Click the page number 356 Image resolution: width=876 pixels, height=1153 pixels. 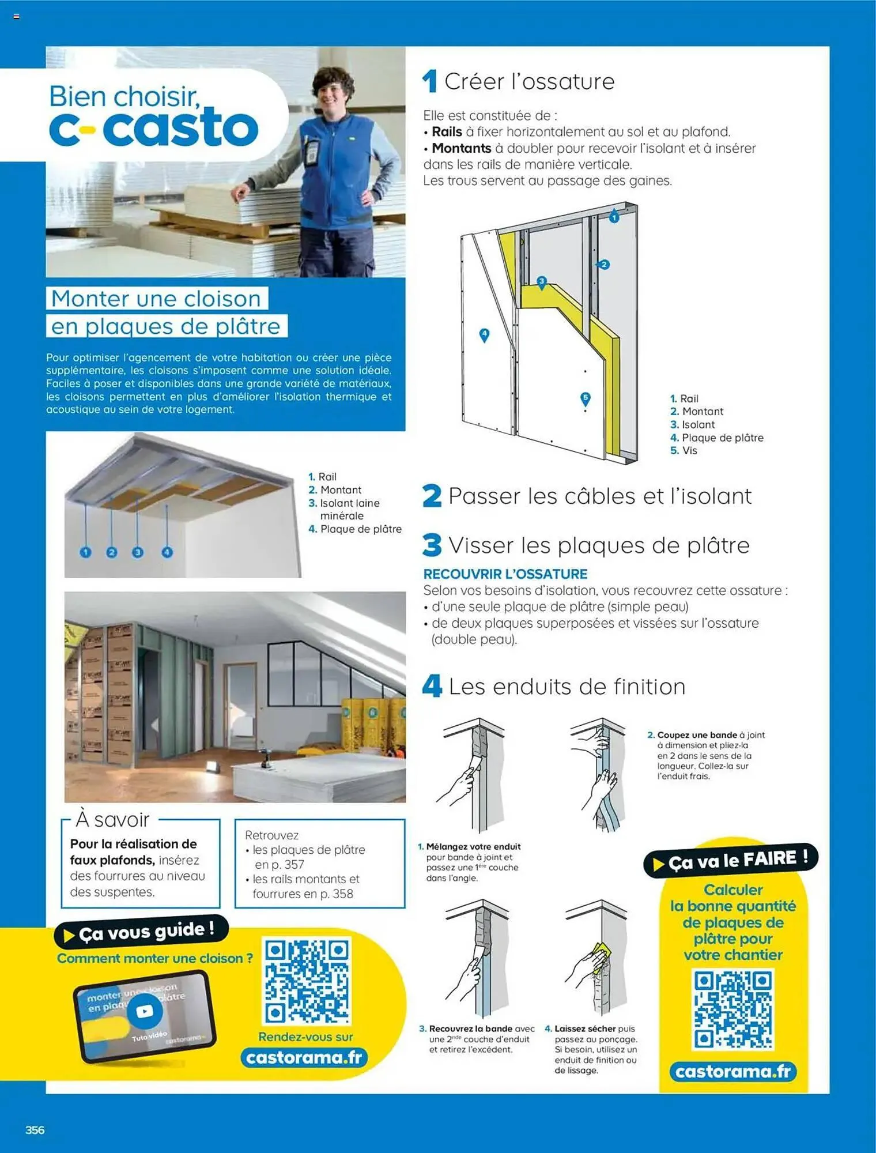point(35,1130)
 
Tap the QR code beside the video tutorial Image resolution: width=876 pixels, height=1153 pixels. point(307,980)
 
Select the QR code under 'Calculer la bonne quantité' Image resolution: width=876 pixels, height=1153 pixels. point(732,1009)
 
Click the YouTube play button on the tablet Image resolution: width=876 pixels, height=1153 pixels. point(145,1011)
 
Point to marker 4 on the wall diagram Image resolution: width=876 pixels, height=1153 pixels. point(485,334)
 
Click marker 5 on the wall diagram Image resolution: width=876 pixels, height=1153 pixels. point(586,398)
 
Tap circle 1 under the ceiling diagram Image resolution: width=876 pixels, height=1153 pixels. point(86,552)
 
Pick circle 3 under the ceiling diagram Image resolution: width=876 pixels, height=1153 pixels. point(137,552)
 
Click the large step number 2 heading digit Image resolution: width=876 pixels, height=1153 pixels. point(432,496)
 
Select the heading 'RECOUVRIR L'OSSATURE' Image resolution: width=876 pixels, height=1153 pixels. point(505,574)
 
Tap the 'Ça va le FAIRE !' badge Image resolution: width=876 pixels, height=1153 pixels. point(731,861)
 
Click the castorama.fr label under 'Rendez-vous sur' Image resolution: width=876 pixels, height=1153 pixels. point(304,1058)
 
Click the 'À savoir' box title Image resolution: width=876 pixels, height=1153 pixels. point(113,819)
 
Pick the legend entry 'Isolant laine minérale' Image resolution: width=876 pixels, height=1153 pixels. point(349,509)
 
